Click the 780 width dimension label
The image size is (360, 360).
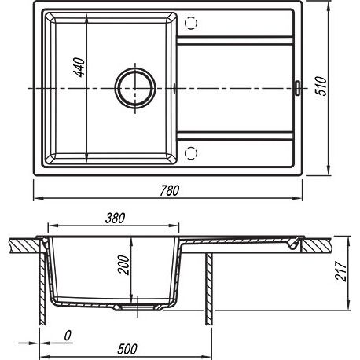(170, 190)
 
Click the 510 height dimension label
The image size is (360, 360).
(321, 86)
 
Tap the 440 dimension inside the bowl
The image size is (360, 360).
(79, 68)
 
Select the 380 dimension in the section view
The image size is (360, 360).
(115, 218)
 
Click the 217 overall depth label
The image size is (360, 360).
(341, 271)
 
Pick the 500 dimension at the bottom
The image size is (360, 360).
(127, 349)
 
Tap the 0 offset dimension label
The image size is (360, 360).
(68, 336)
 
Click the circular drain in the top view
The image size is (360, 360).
(135, 88)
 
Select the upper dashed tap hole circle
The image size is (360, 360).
(191, 23)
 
